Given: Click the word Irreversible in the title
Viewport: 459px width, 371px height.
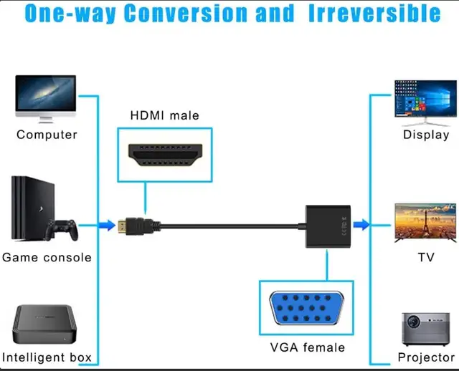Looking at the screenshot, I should pyautogui.click(x=374, y=14).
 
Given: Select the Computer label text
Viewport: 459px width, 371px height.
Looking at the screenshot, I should pyautogui.click(x=47, y=134).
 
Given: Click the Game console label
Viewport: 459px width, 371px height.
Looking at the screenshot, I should pyautogui.click(x=47, y=256).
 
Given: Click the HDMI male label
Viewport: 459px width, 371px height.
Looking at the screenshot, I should pyautogui.click(x=165, y=115).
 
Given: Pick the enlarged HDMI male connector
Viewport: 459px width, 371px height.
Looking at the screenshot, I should pyautogui.click(x=165, y=155).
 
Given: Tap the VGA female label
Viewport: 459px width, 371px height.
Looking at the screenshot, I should pyautogui.click(x=307, y=347).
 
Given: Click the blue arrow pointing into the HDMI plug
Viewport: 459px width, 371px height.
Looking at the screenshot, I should pyautogui.click(x=106, y=225).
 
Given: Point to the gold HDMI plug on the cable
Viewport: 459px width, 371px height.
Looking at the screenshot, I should pyautogui.click(x=131, y=225).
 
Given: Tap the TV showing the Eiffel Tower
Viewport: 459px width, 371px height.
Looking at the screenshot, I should pyautogui.click(x=425, y=223).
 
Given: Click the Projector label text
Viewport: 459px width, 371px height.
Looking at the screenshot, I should pyautogui.click(x=426, y=357).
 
